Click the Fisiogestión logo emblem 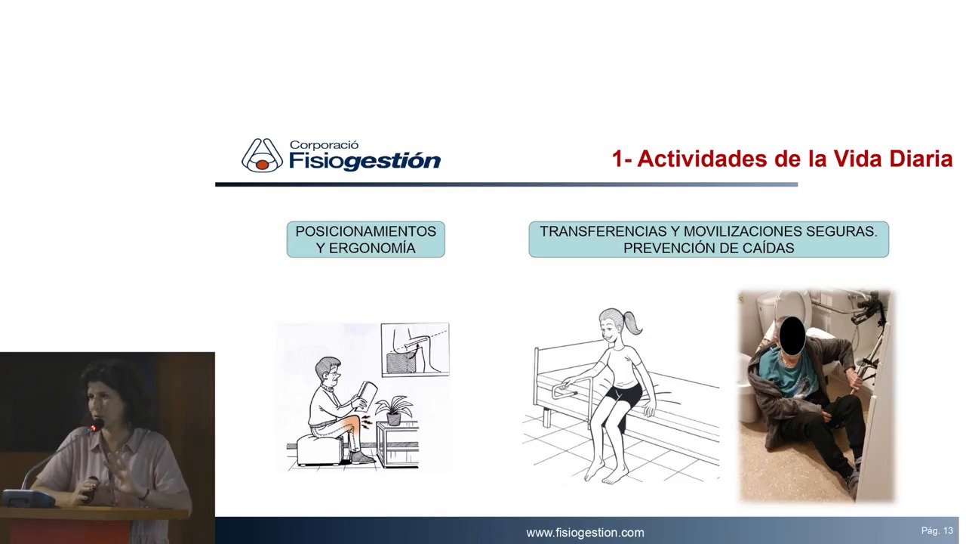click(x=262, y=156)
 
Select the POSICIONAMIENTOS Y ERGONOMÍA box click(x=366, y=240)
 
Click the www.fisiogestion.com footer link click(x=585, y=533)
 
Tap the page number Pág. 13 click(x=937, y=530)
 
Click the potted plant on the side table click(x=394, y=410)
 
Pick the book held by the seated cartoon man click(x=367, y=394)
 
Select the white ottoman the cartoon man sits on click(x=320, y=450)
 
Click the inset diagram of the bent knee click(x=415, y=349)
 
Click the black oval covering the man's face click(x=792, y=336)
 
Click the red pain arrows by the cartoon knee click(x=366, y=422)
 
